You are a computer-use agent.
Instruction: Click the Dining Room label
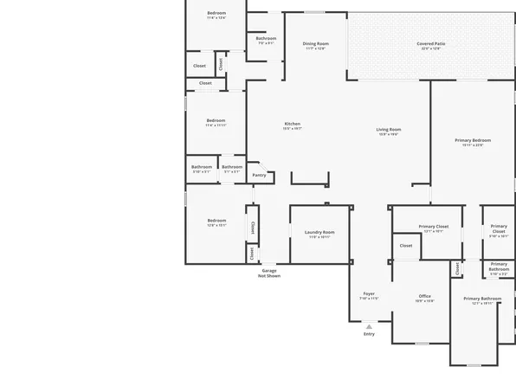tap(315, 43)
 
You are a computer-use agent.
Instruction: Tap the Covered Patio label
tap(430, 43)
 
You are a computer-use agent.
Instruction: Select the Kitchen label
tap(293, 124)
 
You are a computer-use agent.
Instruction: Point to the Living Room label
tap(388, 129)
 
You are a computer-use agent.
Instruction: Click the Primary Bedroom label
tap(473, 140)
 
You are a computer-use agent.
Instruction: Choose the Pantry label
tap(259, 175)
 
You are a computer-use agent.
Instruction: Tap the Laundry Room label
tap(319, 232)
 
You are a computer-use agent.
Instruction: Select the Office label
tap(425, 296)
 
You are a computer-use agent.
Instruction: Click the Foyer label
tap(369, 293)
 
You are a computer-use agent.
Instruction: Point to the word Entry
tap(369, 333)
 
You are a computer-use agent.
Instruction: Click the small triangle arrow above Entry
tap(369, 325)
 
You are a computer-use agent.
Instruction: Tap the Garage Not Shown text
tap(269, 273)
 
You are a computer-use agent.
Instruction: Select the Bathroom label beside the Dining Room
tap(266, 38)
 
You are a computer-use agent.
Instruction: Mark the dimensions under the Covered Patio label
tap(430, 48)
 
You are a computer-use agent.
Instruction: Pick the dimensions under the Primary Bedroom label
tap(473, 145)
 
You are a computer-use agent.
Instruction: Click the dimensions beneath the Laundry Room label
tap(319, 237)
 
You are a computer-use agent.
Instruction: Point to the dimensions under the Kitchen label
tap(293, 129)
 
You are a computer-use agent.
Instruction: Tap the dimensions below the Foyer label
tap(369, 299)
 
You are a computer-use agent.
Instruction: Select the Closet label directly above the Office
tap(406, 245)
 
